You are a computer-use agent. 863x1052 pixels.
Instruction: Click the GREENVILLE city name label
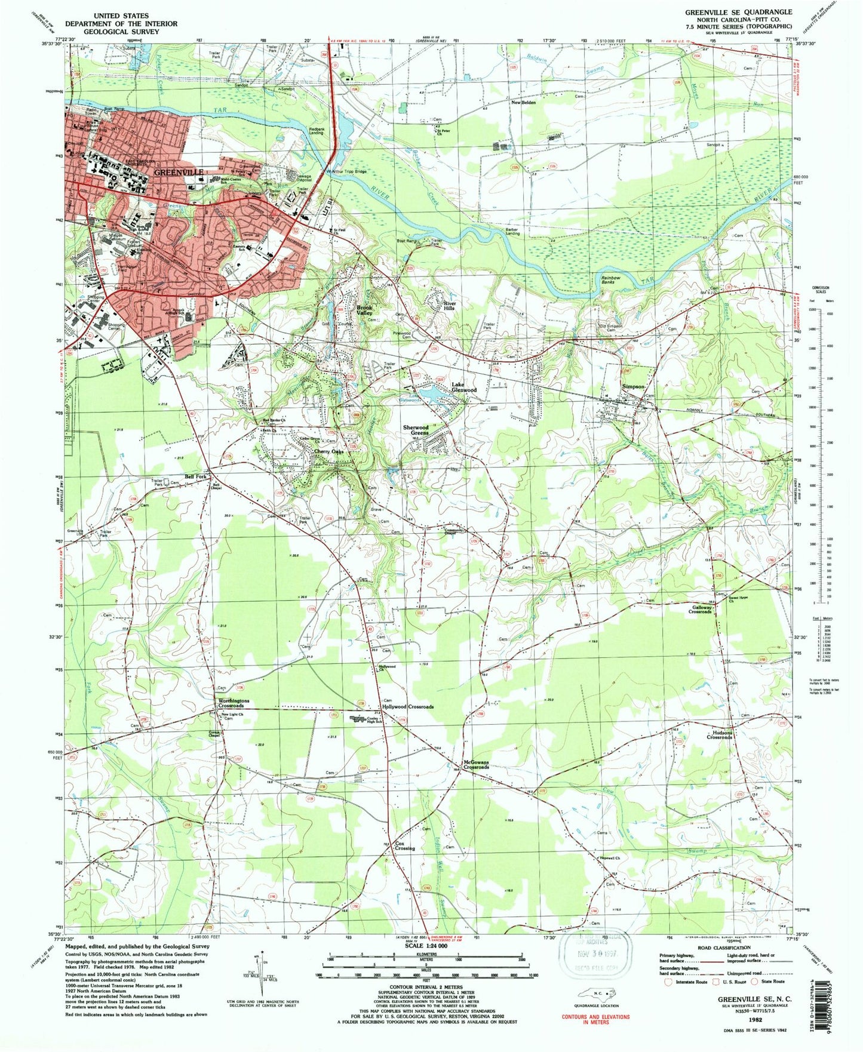pos(179,172)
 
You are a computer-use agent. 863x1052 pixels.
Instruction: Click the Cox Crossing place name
pos(404,846)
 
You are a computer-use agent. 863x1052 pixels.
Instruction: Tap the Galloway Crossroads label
pos(700,610)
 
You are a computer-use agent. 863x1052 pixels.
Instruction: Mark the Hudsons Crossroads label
pos(719,735)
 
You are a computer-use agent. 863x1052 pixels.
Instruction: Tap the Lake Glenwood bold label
pos(463,387)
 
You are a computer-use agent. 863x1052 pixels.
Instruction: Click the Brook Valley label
pos(364,310)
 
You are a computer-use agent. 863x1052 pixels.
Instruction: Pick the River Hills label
pos(449,306)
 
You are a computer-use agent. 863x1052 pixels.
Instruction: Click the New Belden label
pos(523,103)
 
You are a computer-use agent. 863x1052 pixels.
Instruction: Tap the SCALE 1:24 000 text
pos(425,946)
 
